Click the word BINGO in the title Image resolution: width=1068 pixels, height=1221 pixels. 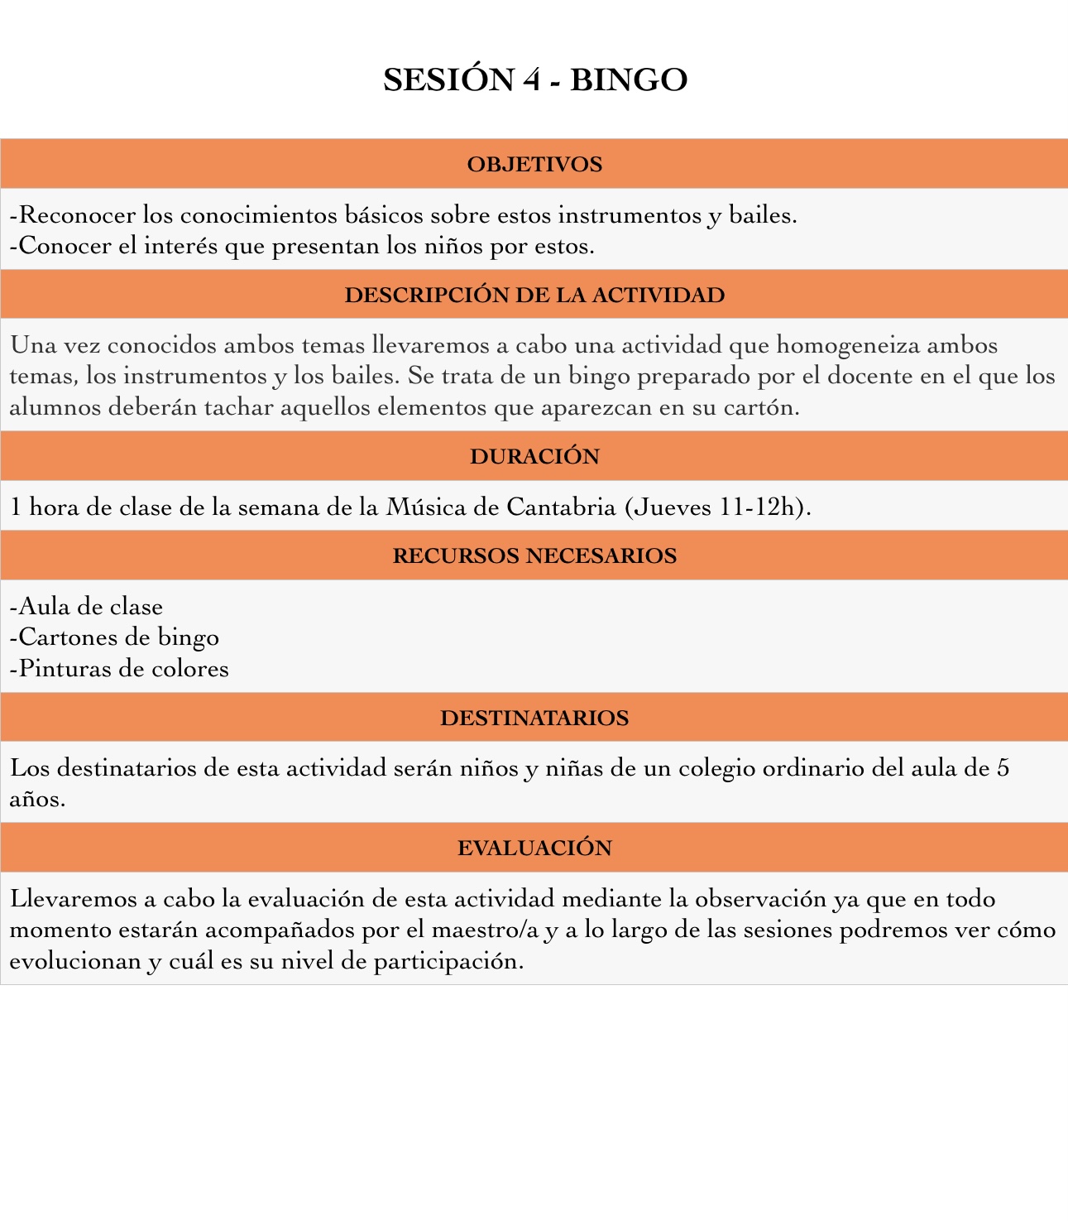[629, 80]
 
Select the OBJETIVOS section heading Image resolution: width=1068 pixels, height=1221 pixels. [534, 165]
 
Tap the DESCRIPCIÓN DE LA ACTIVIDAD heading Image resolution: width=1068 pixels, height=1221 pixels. [534, 296]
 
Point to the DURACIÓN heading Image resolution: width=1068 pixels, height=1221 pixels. [534, 457]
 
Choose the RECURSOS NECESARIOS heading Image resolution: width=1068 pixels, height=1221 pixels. [534, 555]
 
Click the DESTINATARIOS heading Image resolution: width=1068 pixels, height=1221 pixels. [534, 718]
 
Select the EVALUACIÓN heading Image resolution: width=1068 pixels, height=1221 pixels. [534, 848]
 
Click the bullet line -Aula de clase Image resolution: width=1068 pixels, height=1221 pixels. [86, 607]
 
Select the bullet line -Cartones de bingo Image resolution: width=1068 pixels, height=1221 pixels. [114, 637]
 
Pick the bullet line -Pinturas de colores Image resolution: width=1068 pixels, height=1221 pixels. [119, 669]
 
